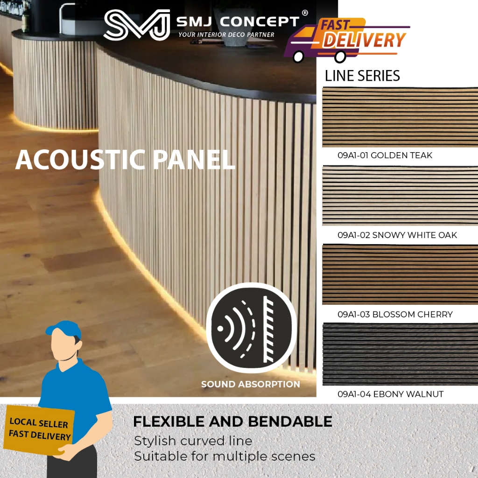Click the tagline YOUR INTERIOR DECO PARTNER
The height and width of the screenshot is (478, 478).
point(226,35)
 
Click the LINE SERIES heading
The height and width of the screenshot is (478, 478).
point(362,76)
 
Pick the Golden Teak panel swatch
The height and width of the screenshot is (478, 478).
point(400,117)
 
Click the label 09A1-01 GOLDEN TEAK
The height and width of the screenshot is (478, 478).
point(385,155)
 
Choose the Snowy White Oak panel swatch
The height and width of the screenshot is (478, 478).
point(400,196)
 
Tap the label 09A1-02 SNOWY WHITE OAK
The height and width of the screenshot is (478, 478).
point(397,235)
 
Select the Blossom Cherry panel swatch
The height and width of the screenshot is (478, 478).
point(400,274)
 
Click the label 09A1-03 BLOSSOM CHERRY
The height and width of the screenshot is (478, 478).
point(395,314)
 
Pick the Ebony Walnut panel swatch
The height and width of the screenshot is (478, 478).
point(400,353)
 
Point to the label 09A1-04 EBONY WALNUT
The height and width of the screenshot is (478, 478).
point(390,394)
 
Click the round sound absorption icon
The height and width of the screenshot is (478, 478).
point(251,328)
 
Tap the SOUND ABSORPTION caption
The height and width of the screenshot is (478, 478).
point(251,385)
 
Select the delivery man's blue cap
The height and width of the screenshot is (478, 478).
point(63,328)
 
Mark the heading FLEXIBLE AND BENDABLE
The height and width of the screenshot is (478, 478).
point(232,422)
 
